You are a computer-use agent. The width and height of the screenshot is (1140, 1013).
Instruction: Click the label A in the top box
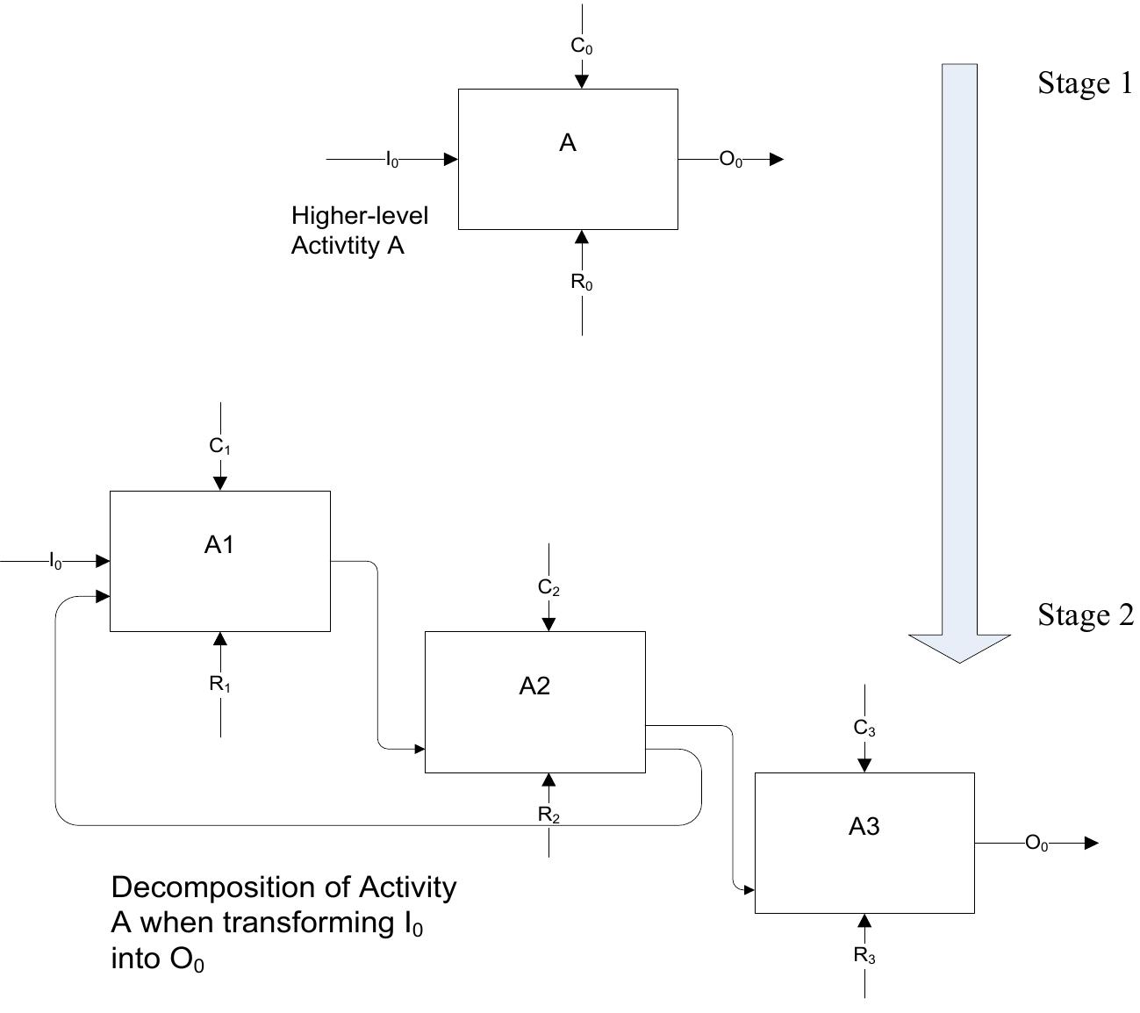(567, 142)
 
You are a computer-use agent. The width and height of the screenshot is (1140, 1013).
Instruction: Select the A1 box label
(219, 544)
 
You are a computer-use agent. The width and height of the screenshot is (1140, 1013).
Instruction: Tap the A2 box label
(534, 686)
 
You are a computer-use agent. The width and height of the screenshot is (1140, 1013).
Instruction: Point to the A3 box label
(864, 826)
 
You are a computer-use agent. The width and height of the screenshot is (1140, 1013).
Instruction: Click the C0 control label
(581, 47)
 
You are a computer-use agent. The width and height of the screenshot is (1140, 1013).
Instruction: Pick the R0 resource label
(581, 282)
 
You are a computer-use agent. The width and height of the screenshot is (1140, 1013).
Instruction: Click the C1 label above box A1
(219, 446)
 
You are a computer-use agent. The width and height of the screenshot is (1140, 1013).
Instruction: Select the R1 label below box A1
(219, 684)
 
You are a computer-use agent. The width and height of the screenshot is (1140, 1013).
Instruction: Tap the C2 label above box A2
(548, 587)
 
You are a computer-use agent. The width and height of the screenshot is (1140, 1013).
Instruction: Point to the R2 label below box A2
(548, 815)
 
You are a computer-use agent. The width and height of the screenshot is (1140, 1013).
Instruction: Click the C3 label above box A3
(864, 728)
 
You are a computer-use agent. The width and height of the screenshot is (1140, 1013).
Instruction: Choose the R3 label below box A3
(864, 955)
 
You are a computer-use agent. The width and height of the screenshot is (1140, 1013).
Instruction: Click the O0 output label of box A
(730, 160)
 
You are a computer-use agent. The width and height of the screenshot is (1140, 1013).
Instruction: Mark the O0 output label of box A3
(1036, 843)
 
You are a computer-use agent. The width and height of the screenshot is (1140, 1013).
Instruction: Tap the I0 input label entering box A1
(55, 561)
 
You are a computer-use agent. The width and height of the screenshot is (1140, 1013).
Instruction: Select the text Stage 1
(1085, 83)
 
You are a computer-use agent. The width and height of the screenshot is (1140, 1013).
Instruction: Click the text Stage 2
(1086, 614)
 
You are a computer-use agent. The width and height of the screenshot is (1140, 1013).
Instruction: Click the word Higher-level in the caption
(360, 216)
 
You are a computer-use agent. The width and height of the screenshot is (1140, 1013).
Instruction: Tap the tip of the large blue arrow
(959, 663)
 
